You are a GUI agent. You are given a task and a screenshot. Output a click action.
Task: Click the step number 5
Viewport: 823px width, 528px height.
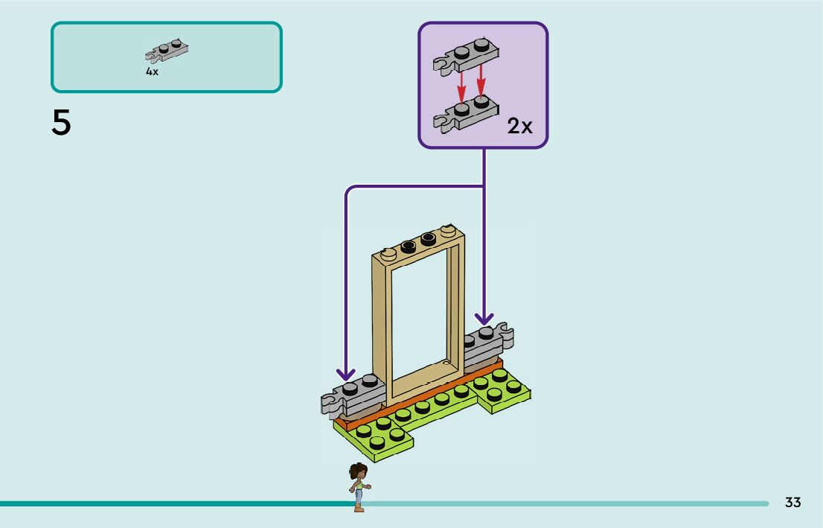coord(61,123)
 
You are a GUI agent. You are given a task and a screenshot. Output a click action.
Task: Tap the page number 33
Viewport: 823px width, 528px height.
coord(792,503)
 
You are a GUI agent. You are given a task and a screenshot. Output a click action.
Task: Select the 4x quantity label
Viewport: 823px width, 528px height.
coord(152,72)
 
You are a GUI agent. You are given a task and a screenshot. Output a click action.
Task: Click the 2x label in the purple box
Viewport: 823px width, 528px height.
coord(519,127)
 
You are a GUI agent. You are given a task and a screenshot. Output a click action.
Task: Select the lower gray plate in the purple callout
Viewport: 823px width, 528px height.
coord(466,112)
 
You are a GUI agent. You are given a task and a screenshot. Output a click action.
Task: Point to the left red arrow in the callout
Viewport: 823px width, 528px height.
coord(461,86)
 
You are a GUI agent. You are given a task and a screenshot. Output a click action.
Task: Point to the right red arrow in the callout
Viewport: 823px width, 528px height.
coord(481,80)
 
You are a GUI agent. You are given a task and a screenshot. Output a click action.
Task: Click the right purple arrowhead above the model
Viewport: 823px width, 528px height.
coord(484,319)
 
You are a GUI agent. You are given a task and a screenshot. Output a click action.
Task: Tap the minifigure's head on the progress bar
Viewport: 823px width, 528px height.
coord(358,471)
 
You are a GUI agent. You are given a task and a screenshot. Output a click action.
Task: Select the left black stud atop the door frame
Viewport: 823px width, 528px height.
coord(408,245)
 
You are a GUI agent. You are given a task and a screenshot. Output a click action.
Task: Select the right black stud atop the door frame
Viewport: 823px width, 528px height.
coord(428,238)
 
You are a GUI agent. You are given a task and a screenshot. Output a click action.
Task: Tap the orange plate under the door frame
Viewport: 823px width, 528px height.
coord(417,402)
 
